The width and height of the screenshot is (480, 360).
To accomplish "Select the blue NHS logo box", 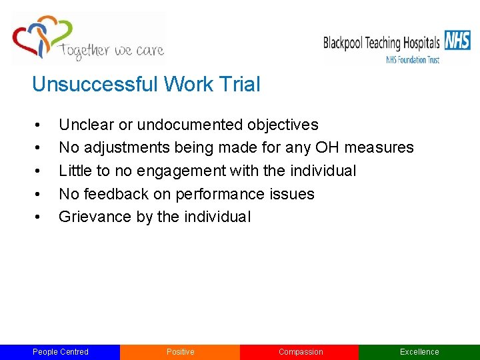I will (457, 41).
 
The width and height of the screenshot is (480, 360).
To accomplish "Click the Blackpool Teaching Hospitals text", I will (381, 43).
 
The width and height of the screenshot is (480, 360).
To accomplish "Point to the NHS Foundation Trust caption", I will (413, 59).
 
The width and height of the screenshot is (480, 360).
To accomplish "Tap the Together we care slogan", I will (111, 51).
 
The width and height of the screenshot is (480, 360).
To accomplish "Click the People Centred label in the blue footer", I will (60, 352).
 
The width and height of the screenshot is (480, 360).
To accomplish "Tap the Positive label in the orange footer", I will (180, 352).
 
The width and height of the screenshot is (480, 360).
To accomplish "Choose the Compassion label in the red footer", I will (300, 352).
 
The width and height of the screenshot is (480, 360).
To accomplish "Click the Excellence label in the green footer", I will (419, 352).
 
